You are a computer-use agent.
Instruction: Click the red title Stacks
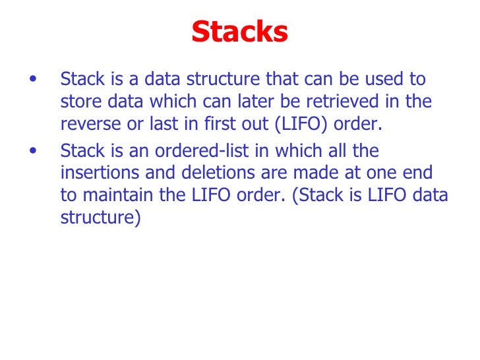click(x=240, y=31)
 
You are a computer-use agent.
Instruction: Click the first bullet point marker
click(x=34, y=80)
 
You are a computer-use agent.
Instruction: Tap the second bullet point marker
click(x=34, y=151)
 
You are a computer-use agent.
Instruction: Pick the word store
click(x=76, y=103)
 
